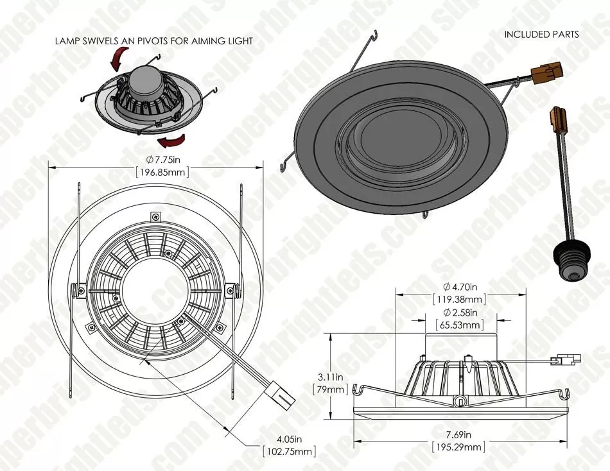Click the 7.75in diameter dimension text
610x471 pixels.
tap(162, 159)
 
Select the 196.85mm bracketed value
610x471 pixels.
tap(162, 172)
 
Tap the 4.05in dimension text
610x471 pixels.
tap(289, 440)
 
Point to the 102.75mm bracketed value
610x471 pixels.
tap(289, 452)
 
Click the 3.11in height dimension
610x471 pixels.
tap(331, 377)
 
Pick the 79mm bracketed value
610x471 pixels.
tap(331, 390)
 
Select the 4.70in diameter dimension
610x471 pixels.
tap(460, 287)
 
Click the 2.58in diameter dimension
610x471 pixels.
tap(460, 313)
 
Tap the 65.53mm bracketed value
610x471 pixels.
tap(460, 325)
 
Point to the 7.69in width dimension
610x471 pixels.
tap(458, 434)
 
